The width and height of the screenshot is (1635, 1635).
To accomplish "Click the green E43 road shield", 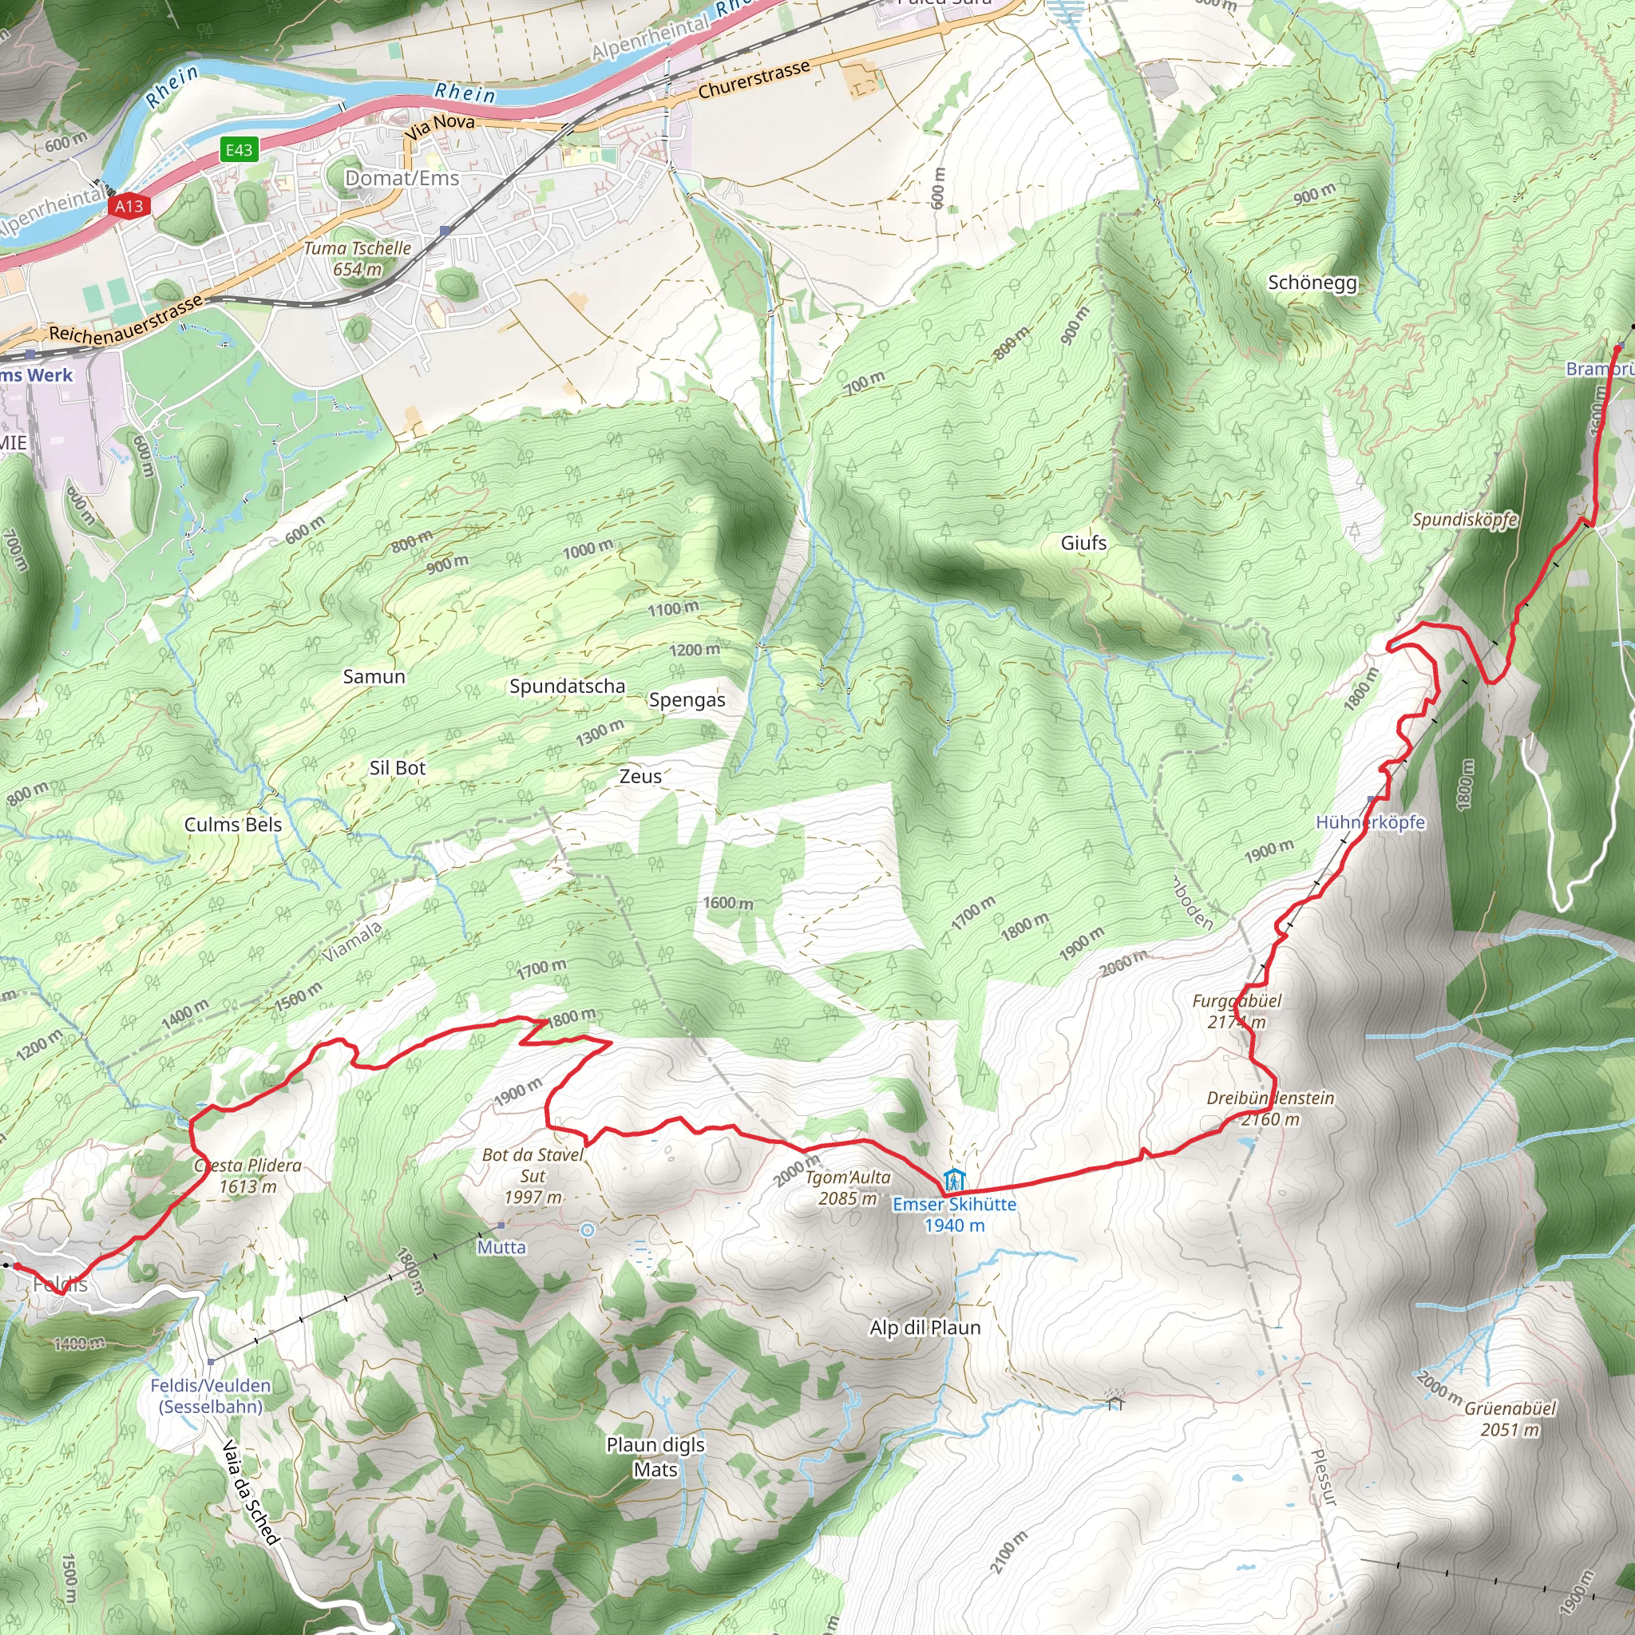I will pos(239,150).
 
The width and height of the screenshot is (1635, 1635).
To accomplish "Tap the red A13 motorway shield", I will pos(129,206).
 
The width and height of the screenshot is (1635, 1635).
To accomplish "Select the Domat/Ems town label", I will pos(402,178).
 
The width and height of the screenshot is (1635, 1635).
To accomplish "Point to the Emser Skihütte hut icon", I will pos(954,1179).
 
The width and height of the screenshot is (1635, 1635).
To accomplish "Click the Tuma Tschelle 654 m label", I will pos(357,259).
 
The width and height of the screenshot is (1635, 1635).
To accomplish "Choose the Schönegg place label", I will pos(1312,283).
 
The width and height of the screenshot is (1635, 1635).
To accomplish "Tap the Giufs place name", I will pos(1083,542).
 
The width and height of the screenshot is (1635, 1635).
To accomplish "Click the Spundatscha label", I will pos(567,687).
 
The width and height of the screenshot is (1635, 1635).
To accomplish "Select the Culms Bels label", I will pos(233,824).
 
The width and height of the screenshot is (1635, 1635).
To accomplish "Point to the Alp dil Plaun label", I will pos(925,1328).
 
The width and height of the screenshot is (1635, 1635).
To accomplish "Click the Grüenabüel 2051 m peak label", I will pos(1510,1419).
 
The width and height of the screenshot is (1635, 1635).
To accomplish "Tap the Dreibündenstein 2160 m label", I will pos(1270,1109).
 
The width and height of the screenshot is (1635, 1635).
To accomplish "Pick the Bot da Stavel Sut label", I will pos(533,1175).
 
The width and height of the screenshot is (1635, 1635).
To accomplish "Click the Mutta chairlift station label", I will pos(501,1246).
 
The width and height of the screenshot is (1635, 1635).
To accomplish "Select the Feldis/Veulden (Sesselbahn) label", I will pos(211,1395).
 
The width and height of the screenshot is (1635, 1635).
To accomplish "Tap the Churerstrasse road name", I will pos(754,79).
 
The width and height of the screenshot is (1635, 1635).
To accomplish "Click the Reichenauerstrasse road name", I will pos(125,320).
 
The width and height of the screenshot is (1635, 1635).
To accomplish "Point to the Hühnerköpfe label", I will pos(1370,821).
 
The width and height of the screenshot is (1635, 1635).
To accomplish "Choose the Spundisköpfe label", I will pos(1464,519).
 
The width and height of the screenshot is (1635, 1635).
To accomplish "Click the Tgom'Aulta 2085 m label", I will pos(847,1187).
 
